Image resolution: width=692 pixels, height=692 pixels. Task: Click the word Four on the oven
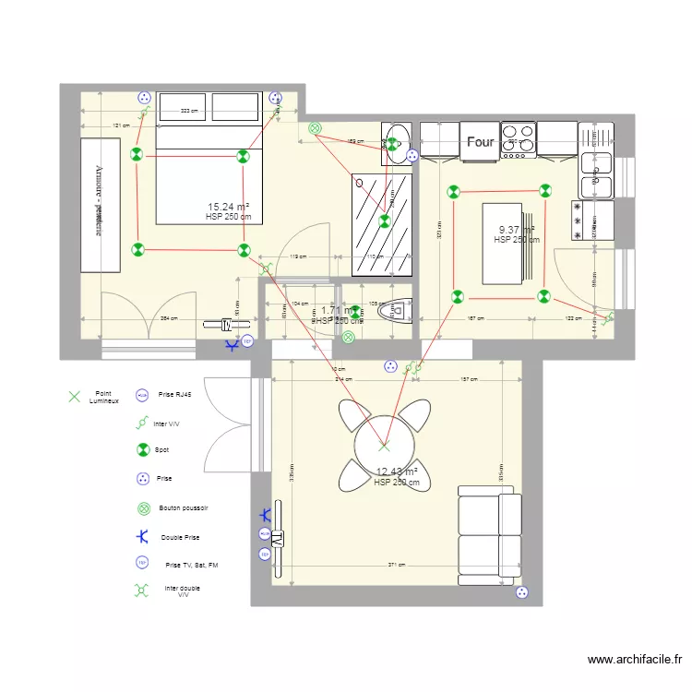pos(480,142)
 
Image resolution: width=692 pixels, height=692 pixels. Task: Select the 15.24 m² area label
pos(229,208)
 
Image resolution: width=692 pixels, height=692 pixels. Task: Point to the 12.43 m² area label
pos(397,472)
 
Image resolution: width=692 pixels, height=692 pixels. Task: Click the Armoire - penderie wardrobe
pos(100,205)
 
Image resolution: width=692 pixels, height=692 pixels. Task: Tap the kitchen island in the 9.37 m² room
pos(503,245)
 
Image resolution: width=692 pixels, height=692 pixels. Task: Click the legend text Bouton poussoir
pos(184,507)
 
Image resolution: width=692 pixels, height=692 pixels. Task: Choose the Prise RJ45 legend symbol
pos(142,394)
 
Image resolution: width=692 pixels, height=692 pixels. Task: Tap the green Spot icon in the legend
pos(142,450)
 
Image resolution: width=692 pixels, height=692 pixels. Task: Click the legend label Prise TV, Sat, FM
pos(191,564)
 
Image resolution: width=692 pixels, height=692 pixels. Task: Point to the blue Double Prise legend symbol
pos(142,536)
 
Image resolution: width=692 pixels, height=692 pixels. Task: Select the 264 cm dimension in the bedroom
pos(169,319)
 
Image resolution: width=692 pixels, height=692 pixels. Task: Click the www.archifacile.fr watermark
pos(636,660)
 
